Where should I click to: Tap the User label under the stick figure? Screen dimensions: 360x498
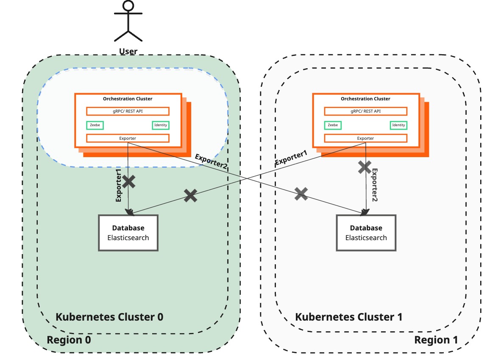128,51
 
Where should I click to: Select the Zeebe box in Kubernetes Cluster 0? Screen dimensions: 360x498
95,125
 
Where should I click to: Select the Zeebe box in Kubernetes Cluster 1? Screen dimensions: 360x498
333,125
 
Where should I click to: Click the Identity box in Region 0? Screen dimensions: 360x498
161,125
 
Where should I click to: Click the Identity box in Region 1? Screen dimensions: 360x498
398,125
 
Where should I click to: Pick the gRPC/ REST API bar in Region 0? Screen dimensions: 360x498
128,111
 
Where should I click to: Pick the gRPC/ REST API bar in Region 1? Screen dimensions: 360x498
365,111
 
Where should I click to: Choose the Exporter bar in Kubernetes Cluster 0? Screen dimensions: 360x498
128,138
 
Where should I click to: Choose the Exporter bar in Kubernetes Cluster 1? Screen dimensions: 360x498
365,138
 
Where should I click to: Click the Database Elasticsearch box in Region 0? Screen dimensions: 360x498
128,233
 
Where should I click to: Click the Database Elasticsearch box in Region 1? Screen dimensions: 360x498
366,233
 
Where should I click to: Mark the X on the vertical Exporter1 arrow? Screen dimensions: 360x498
129,182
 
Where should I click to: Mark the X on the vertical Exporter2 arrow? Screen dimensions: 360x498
364,167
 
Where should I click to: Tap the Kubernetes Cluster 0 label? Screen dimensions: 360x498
109,317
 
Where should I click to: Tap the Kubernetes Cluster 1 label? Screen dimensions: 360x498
348,317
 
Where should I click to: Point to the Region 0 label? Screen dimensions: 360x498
69,340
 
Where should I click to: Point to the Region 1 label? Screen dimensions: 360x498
436,340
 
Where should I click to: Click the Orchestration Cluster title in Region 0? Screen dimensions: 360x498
128,99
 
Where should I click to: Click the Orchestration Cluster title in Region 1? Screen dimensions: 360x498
365,99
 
